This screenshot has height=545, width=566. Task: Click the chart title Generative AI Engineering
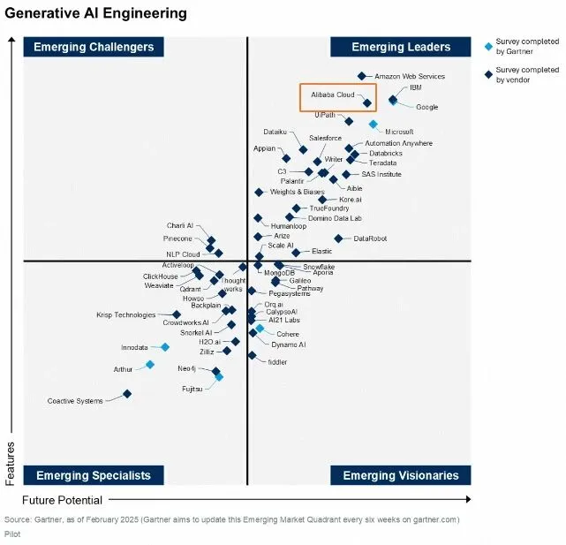coord(96,13)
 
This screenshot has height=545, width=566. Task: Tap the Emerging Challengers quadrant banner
coord(94,47)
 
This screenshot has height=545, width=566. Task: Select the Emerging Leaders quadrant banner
coord(401,47)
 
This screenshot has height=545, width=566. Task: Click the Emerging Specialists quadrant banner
coord(94,475)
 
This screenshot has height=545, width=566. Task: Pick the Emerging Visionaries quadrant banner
coord(401,475)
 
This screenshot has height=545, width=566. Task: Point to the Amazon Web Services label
coord(410,77)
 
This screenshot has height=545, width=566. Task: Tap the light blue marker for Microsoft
coord(373,125)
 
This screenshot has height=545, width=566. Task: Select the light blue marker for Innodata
coord(164,347)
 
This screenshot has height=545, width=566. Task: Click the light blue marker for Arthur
coord(150,364)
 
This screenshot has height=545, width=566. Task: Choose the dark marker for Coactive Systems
coord(127,394)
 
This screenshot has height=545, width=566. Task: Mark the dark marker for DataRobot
coord(338,238)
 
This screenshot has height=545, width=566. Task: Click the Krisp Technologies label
coord(125,315)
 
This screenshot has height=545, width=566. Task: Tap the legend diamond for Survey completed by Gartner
coord(489,42)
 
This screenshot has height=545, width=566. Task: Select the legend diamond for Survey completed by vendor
coord(489,72)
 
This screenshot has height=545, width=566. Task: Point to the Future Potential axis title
coord(57,500)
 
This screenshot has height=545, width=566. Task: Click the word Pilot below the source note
coord(12,534)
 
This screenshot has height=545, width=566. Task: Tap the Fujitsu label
coord(192,388)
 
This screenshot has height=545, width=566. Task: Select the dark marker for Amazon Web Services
coord(361,77)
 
